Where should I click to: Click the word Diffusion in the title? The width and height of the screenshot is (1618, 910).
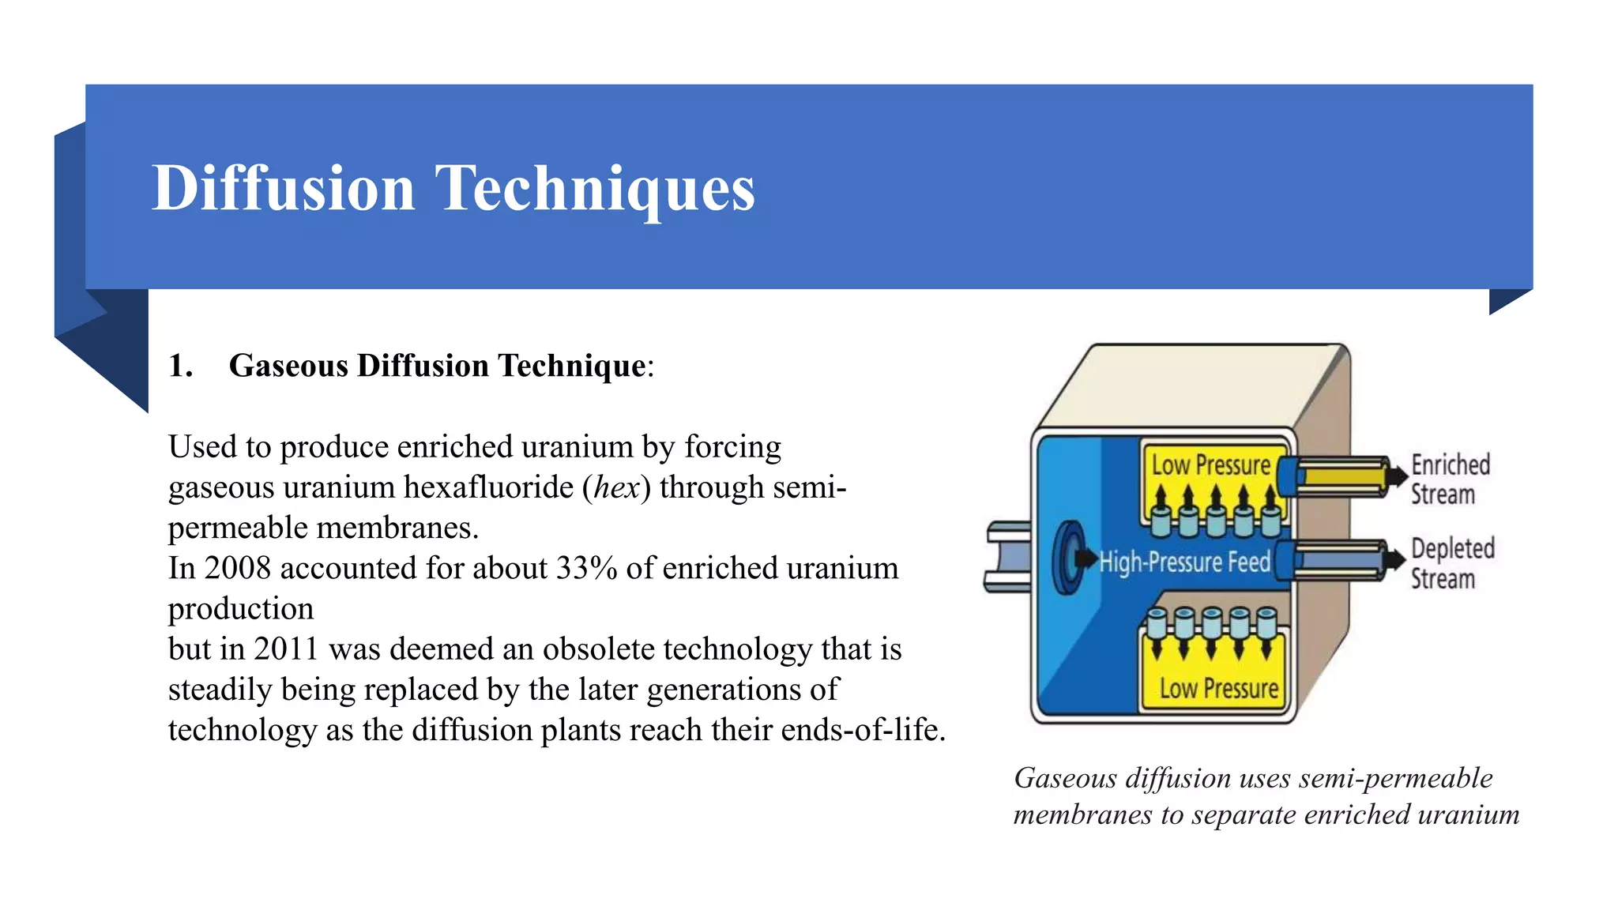coord(283,188)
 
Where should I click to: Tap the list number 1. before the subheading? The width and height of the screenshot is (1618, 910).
coord(181,366)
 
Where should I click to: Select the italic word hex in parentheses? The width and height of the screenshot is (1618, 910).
coord(616,487)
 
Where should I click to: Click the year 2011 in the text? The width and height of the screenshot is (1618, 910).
coord(285,649)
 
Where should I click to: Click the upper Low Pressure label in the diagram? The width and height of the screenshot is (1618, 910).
coord(1210,465)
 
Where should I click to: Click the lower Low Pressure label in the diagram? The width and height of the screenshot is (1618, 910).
coord(1218,689)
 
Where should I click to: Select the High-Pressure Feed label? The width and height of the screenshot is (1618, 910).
coord(1184,562)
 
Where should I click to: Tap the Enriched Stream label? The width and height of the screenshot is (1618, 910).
coord(1450,479)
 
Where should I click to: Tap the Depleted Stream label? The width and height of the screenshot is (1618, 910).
coord(1452,562)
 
